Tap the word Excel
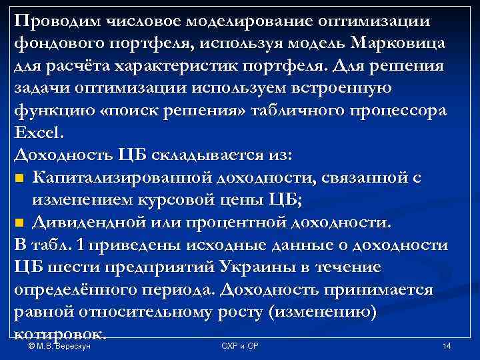37,132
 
